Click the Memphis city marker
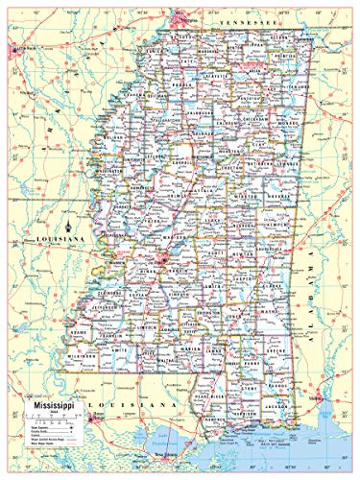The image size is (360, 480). click(x=180, y=18)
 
